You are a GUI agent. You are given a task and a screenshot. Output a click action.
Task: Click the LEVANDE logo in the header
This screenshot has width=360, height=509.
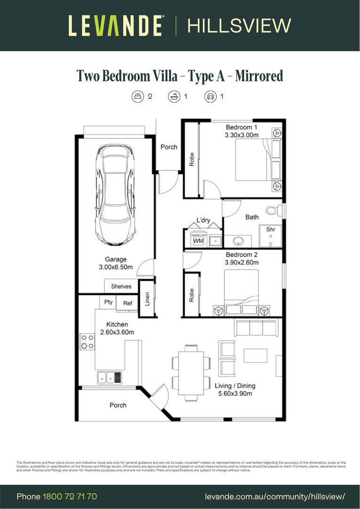[116, 25]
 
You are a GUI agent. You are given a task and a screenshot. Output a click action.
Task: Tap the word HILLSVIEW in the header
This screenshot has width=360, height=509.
[239, 25]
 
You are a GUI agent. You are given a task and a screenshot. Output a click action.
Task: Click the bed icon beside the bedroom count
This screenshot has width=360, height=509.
[137, 97]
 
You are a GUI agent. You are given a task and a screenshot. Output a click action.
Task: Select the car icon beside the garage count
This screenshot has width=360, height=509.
[210, 97]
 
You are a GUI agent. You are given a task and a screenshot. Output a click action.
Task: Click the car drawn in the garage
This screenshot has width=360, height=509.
[115, 195]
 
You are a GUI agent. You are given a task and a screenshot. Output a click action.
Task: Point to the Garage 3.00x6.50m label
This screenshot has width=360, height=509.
[115, 263]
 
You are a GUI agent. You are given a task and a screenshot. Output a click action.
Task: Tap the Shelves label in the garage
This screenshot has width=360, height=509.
[121, 287]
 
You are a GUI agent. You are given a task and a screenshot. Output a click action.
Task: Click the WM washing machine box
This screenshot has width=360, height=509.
[198, 241]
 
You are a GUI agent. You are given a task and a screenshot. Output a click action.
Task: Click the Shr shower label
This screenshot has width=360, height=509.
[270, 230]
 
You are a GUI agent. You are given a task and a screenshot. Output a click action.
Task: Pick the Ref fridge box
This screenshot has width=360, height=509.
[127, 304]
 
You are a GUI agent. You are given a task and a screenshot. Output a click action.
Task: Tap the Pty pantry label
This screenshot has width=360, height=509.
[108, 302]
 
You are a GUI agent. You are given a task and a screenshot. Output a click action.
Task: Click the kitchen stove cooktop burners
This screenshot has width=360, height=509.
[87, 341]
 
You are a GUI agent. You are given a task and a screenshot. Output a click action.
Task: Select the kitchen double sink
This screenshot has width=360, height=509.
[109, 377]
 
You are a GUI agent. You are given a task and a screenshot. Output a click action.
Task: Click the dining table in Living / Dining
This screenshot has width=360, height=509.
[191, 372]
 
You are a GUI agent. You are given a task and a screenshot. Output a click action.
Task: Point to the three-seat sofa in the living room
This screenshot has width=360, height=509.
[255, 327]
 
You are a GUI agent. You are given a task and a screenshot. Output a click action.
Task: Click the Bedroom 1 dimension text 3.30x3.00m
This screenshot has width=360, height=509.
[242, 135]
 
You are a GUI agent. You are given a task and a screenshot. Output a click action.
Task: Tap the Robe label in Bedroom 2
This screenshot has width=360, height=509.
[191, 295]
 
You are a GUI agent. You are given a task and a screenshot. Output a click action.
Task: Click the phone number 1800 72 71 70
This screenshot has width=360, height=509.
[70, 497]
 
